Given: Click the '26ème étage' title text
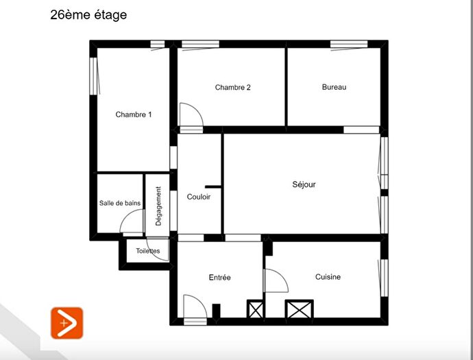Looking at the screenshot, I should coord(88,14).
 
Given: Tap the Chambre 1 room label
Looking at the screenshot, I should coord(133,115).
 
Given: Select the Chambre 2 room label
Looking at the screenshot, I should coord(232,87).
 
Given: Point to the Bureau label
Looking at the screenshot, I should coord(334,87).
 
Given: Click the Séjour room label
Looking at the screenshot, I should coord(304,184).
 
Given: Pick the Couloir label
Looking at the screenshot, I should coord(199,197).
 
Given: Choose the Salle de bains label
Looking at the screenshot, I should coord(120,203).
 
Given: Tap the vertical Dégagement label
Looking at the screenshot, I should coord(158,206).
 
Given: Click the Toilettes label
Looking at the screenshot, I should coord(147,251).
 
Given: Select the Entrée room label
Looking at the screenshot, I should coord(219,278).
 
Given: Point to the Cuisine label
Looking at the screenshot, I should coord(328,277).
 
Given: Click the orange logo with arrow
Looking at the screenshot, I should coord(66,322).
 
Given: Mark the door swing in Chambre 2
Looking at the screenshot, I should coord(189,115).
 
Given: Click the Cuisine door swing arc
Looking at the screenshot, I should coord(276,280).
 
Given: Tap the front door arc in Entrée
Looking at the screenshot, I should coord(195,307).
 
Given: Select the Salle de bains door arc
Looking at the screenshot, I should coord(132,222).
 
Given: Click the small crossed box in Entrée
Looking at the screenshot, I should coord(256,310).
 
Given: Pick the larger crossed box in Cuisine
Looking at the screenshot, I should coord(299,310).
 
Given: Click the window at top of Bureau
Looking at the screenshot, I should coord(348,45).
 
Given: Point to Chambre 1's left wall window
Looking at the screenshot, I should coord(93,76).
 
